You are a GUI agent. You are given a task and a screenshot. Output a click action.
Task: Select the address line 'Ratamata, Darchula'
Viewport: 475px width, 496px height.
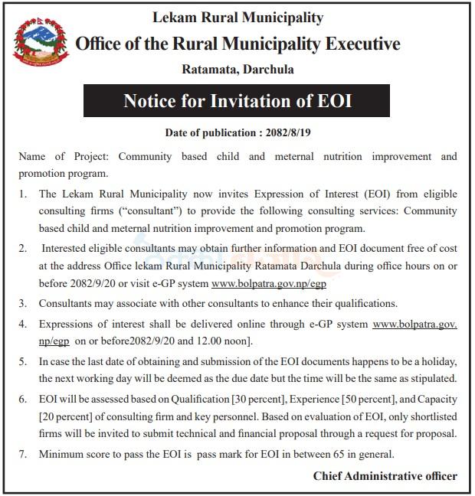(x=237, y=70)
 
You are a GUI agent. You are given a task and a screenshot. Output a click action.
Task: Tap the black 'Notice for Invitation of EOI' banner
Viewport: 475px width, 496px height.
(x=237, y=101)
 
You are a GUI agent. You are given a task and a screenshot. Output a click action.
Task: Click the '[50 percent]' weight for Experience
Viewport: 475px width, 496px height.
(x=354, y=399)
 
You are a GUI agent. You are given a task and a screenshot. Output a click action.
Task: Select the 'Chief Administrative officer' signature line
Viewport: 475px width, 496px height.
(x=385, y=476)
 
